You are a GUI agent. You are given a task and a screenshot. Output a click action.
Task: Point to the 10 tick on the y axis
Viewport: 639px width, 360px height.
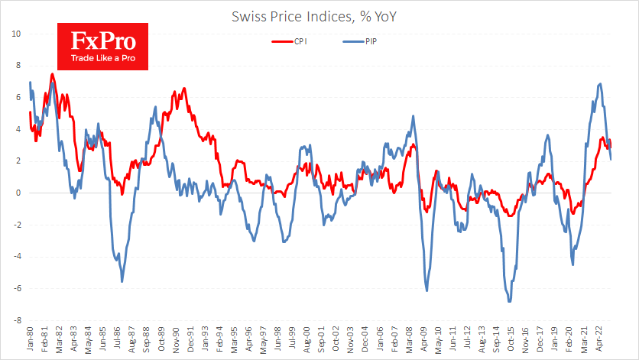[x=15, y=34]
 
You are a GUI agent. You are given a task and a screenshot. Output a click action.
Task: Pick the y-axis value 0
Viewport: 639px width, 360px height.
[x=18, y=193]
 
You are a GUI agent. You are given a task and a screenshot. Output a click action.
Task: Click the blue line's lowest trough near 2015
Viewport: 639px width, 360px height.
[x=509, y=301]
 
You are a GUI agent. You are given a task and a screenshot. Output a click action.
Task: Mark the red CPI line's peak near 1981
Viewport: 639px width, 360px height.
[x=52, y=74]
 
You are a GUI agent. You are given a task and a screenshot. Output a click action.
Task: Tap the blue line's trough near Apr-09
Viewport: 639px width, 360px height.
[x=426, y=291]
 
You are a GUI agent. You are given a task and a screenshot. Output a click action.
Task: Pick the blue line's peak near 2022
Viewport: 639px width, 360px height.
[x=600, y=84]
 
